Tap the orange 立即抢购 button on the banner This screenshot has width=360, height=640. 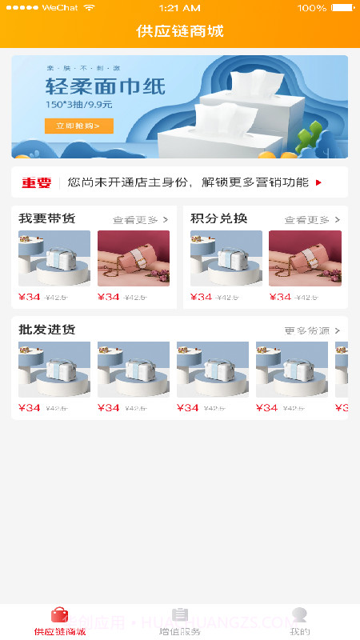[78, 126]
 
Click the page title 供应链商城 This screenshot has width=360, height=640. [180, 31]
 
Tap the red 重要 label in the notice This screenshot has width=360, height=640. [36, 182]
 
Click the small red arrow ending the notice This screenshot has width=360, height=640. [318, 182]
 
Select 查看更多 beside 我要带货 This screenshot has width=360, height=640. [140, 219]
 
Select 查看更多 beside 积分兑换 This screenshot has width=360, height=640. [311, 219]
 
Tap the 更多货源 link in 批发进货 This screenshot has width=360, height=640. [312, 330]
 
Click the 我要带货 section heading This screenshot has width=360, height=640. [47, 218]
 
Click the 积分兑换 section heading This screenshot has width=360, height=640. [218, 218]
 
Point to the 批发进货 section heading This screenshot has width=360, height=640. [47, 330]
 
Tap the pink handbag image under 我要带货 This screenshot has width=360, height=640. [134, 258]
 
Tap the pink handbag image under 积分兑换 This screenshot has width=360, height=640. [305, 258]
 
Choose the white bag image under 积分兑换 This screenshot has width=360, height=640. [226, 258]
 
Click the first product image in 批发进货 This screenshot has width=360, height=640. [54, 370]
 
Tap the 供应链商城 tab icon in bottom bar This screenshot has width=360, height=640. [60, 615]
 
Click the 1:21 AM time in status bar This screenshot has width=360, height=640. [180, 7]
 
